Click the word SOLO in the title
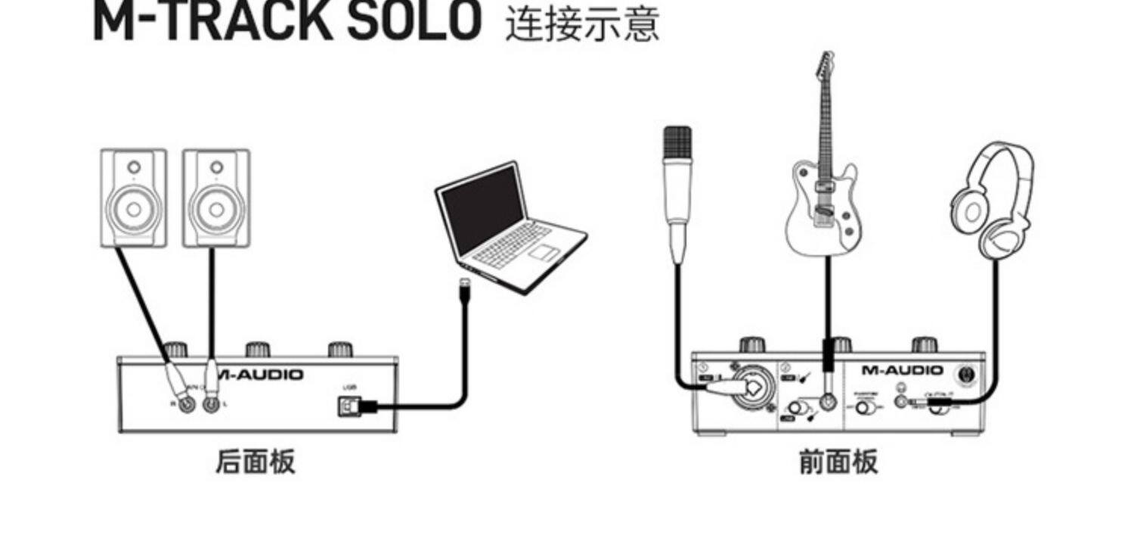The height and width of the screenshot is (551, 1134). (414, 21)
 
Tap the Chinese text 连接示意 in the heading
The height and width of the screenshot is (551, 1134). (582, 23)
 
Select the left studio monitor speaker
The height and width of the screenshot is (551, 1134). (133, 198)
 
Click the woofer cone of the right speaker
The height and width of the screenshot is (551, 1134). (215, 208)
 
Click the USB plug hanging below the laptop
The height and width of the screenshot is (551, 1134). (465, 292)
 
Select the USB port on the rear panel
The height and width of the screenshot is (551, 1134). (347, 406)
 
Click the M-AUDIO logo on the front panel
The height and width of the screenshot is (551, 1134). (903, 370)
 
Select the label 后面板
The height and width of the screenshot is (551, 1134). (255, 461)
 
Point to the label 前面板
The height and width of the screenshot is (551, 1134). (838, 461)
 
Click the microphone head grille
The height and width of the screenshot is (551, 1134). (677, 145)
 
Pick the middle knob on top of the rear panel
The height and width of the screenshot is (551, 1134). (258, 350)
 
